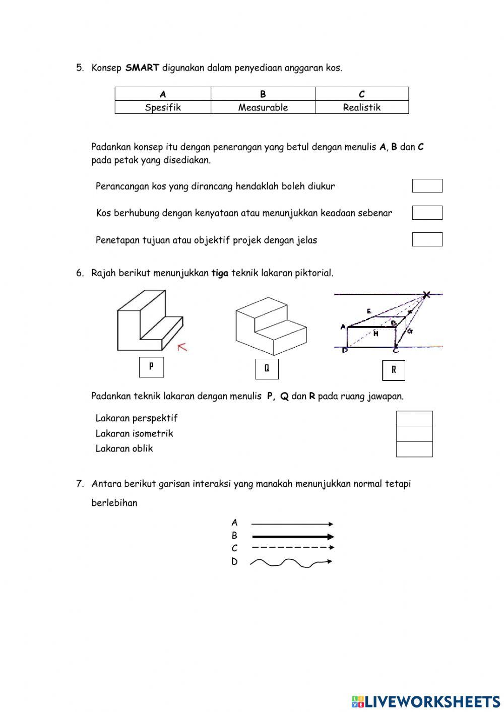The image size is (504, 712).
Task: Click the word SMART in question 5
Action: [142, 68]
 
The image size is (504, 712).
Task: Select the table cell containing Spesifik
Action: [163, 107]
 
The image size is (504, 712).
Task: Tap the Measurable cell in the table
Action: [263, 107]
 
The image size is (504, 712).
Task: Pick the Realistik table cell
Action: [361, 107]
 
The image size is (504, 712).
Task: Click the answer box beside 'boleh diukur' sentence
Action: [427, 186]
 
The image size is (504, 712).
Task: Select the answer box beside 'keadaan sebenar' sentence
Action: [427, 213]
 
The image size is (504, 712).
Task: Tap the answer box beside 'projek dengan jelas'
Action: [427, 239]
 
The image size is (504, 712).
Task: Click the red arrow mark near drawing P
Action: [182, 347]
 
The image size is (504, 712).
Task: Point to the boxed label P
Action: [151, 367]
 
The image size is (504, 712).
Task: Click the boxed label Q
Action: [267, 368]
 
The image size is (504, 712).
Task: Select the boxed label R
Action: [394, 370]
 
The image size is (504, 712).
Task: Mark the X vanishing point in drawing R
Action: [427, 295]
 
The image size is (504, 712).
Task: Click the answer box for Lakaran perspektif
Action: [414, 419]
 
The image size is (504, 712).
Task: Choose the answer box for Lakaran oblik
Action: [414, 449]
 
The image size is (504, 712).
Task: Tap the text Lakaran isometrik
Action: [134, 433]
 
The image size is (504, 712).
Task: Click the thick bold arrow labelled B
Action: [292, 537]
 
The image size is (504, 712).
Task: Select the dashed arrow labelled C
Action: [292, 547]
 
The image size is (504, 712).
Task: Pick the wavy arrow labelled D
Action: [291, 562]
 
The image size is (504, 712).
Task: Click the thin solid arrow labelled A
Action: [292, 524]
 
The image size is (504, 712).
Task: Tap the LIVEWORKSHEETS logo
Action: [426, 701]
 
